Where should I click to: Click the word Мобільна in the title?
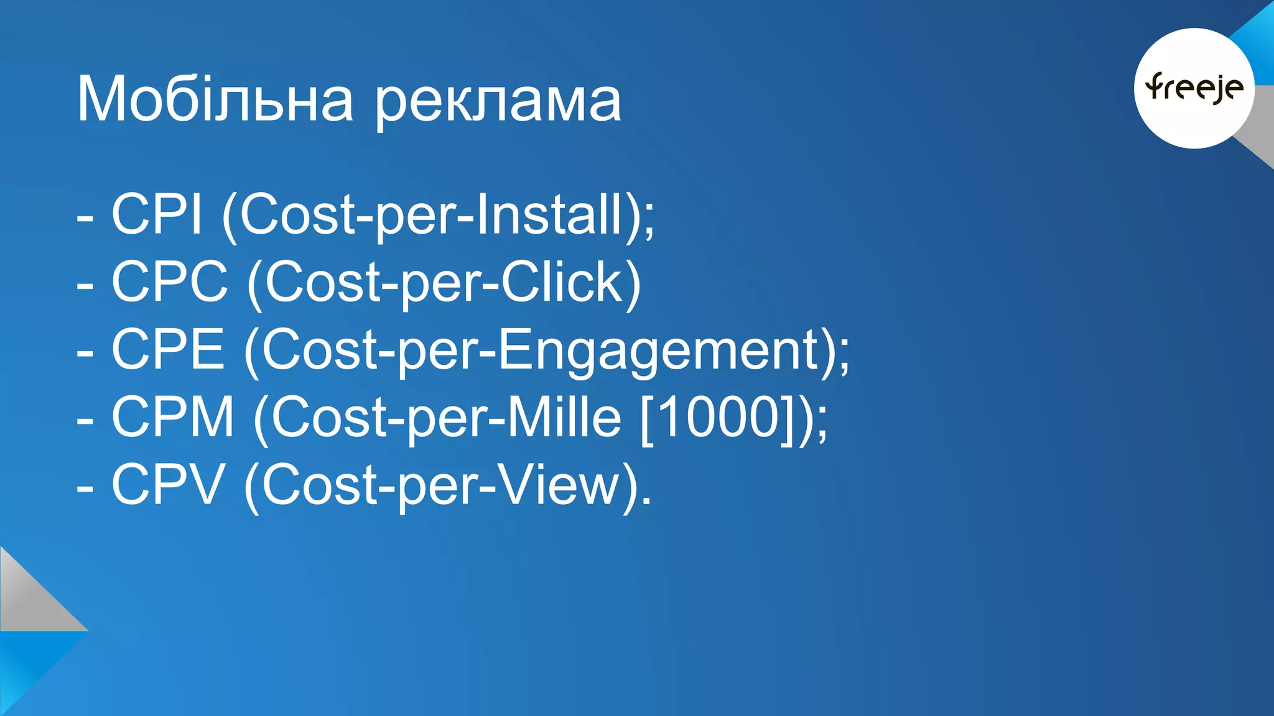pyautogui.click(x=215, y=99)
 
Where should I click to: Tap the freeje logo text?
pyautogui.click(x=1194, y=88)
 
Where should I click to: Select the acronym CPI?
pyautogui.click(x=157, y=214)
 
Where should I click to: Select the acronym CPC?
pyautogui.click(x=170, y=282)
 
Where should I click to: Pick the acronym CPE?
pyautogui.click(x=168, y=349)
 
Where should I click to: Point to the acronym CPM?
pyautogui.click(x=173, y=417)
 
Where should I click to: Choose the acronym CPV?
pyautogui.click(x=168, y=485)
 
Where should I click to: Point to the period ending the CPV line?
pyautogui.click(x=647, y=501)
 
